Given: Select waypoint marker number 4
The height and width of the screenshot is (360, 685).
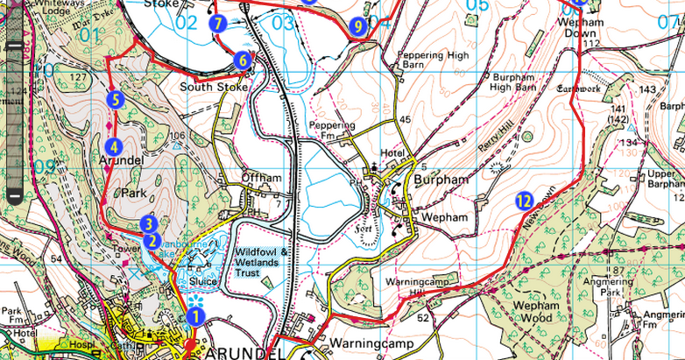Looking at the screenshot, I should point(112,146).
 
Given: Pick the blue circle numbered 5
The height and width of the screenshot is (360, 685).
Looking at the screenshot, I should point(114,100).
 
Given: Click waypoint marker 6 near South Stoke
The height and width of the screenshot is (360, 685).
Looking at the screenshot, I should point(242,60).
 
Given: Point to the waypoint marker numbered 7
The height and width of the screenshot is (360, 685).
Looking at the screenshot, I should point(217,24).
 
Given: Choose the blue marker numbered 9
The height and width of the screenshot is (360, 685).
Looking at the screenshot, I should point(356,27).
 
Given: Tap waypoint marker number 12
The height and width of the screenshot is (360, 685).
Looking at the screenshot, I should point(524,201).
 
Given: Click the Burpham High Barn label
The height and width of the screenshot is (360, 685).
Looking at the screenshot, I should point(516,81).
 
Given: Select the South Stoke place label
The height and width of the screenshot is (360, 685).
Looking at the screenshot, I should point(208,88).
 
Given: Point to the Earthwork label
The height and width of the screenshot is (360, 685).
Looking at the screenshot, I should point(577,88).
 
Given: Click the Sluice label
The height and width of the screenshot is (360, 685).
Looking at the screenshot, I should point(202,282).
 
